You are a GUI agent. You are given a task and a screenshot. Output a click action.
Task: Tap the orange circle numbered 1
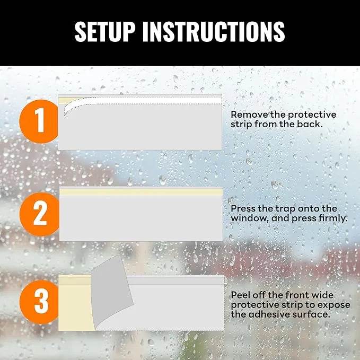click(39, 121)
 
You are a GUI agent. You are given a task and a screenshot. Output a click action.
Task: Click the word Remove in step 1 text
click(247, 115)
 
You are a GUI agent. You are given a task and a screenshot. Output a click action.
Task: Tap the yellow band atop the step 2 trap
click(141, 192)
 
